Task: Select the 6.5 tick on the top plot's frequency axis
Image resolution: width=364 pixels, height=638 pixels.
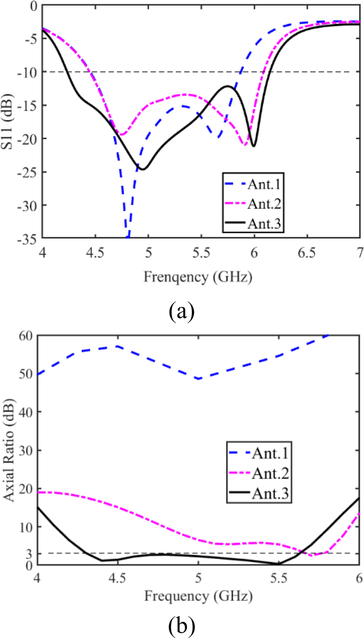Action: click(x=306, y=253)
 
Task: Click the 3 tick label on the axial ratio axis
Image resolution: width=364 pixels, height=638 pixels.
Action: click(x=29, y=554)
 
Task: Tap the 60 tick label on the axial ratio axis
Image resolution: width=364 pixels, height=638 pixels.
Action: click(x=26, y=336)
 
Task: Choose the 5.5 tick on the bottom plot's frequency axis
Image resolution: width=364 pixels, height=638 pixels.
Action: click(x=278, y=578)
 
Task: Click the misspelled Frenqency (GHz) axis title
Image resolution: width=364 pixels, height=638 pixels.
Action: click(x=198, y=277)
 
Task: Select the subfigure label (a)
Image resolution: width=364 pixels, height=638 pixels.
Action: click(x=182, y=311)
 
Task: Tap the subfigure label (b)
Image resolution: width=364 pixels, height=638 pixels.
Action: click(x=182, y=626)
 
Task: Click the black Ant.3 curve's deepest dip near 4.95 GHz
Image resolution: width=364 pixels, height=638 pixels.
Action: click(x=143, y=169)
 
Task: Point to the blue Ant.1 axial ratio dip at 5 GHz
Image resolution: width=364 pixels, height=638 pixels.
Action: click(x=198, y=378)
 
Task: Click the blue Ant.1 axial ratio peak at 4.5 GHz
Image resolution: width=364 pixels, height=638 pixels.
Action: click(x=118, y=346)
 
